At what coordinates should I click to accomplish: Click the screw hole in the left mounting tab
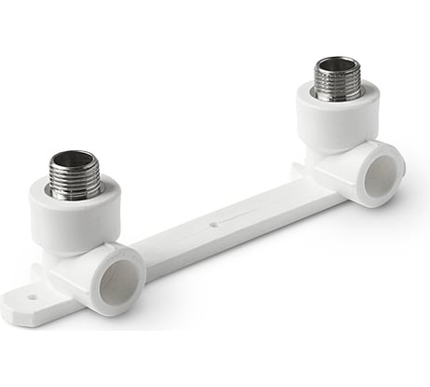[31, 299]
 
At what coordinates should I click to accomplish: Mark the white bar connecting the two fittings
[224, 224]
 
